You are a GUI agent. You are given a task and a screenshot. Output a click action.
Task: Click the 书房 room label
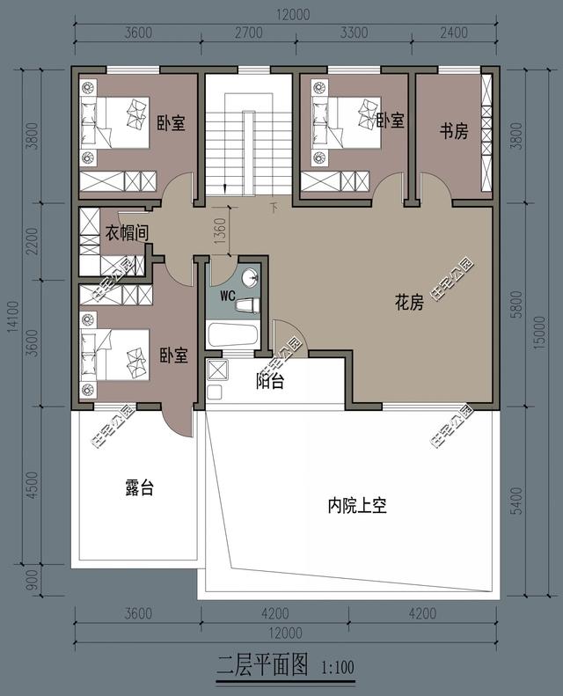[453, 131]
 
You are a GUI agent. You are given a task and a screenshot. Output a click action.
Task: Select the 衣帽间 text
[126, 233]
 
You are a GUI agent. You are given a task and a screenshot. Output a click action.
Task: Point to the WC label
[226, 295]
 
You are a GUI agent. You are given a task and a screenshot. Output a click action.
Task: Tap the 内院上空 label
[357, 506]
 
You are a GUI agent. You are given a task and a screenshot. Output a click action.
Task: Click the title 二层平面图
[261, 665]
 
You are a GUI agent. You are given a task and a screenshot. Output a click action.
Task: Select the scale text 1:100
[338, 668]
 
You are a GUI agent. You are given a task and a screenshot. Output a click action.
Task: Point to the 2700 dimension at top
[248, 34]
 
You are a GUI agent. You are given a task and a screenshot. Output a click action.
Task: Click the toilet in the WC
[247, 304]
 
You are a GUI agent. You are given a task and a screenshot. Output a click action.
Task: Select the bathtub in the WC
[231, 335]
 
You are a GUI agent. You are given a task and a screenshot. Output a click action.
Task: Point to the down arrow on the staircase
[226, 186]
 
